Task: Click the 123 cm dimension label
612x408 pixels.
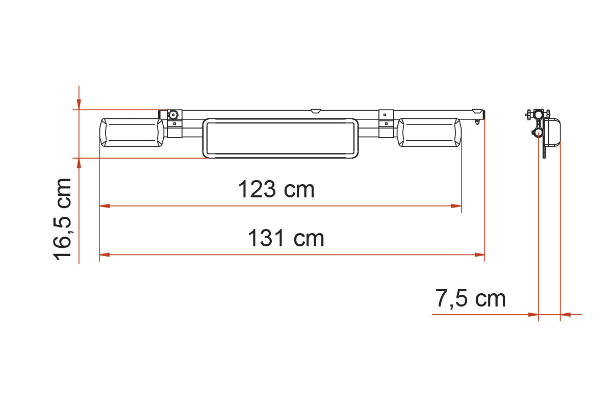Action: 276,189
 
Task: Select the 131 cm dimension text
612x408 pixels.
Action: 286,238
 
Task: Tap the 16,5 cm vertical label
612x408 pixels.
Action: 62,219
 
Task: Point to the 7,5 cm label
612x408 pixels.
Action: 470,299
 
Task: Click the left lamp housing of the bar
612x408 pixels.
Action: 132,133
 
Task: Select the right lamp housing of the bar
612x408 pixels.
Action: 429,133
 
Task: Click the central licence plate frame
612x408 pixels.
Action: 280,138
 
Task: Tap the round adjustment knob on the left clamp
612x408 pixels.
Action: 173,115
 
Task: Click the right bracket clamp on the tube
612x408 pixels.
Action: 386,123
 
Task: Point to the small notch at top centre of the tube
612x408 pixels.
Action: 316,111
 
